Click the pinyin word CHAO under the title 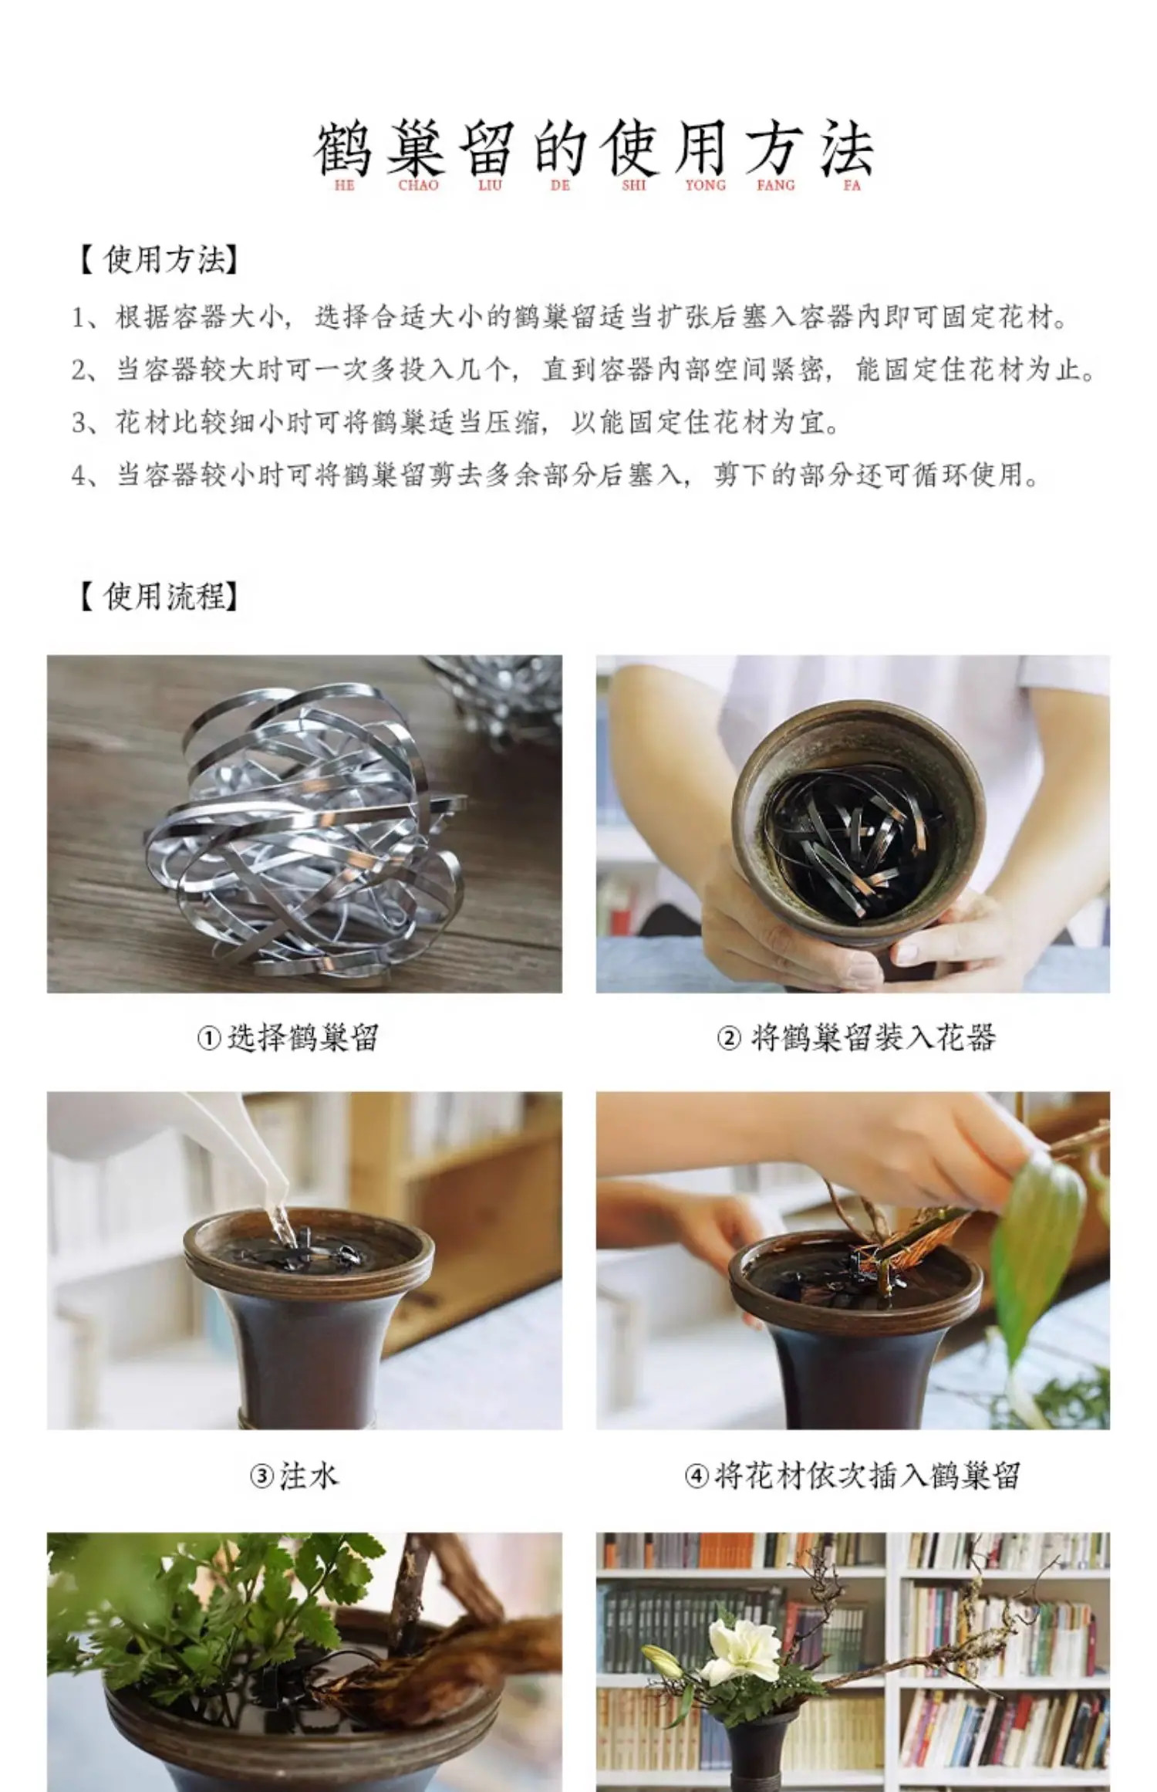coord(418,186)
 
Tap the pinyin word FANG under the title coord(775,186)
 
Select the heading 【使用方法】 coord(157,261)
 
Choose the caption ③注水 coord(295,1476)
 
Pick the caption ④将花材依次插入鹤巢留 coord(852,1476)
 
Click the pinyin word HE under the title coord(345,186)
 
